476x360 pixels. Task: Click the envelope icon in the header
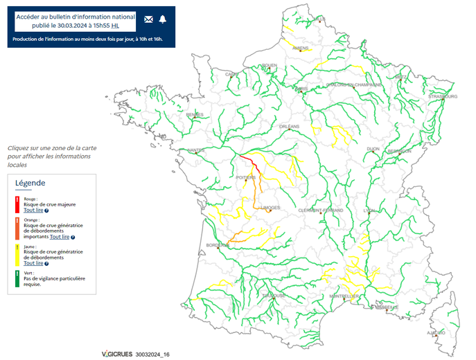pyautogui.click(x=149, y=19)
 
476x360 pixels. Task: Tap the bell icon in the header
pyautogui.click(x=163, y=19)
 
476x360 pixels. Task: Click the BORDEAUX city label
pyautogui.click(x=217, y=245)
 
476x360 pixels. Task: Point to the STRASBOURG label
pyautogui.click(x=439, y=96)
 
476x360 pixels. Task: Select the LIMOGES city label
pyautogui.click(x=271, y=208)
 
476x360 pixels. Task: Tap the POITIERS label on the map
pyautogui.click(x=246, y=178)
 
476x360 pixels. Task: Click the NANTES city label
pyautogui.click(x=195, y=150)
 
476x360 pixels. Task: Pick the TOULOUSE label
pyautogui.click(x=273, y=296)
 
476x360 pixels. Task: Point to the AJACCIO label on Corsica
pyautogui.click(x=436, y=332)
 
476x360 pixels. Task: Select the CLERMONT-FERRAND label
pyautogui.click(x=321, y=210)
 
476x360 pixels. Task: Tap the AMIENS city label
pyautogui.click(x=300, y=48)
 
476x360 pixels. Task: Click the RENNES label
pyautogui.click(x=195, y=115)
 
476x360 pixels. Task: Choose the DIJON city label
pyautogui.click(x=373, y=149)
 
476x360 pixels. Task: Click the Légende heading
pyautogui.click(x=30, y=183)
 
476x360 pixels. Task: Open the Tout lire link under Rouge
pyautogui.click(x=33, y=210)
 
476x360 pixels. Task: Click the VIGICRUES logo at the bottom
pyautogui.click(x=116, y=354)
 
